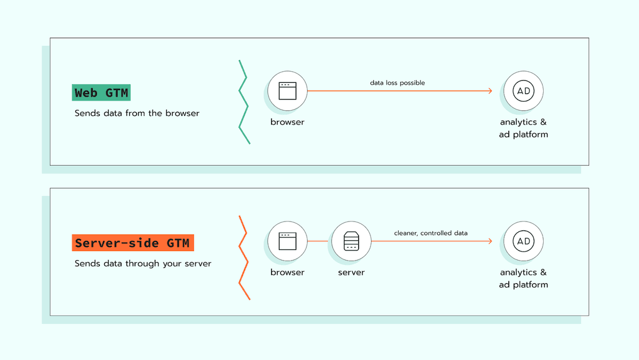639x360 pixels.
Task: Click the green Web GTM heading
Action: [101, 93]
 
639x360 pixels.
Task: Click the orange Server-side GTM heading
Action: [133, 243]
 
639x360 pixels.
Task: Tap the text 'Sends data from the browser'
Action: [137, 113]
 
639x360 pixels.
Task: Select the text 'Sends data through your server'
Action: [143, 263]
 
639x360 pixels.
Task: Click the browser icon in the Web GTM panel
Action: [287, 91]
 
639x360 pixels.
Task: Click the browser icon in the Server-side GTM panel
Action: [287, 241]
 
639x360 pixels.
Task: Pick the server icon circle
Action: [351, 241]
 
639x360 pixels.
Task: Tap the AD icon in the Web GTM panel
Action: [524, 91]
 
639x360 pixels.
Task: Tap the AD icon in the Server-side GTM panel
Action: [524, 241]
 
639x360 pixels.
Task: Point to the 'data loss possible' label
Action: [398, 83]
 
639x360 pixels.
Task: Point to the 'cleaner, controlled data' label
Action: [431, 233]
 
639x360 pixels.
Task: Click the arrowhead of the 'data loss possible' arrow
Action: [490, 91]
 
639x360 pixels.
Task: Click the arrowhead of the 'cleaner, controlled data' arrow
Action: [490, 241]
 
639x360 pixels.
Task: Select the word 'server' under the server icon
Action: [351, 272]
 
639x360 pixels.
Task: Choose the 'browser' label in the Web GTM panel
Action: [288, 122]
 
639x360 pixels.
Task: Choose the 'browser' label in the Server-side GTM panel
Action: [288, 272]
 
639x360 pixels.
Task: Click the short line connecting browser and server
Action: [319, 241]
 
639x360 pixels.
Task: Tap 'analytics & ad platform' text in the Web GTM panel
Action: [524, 128]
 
